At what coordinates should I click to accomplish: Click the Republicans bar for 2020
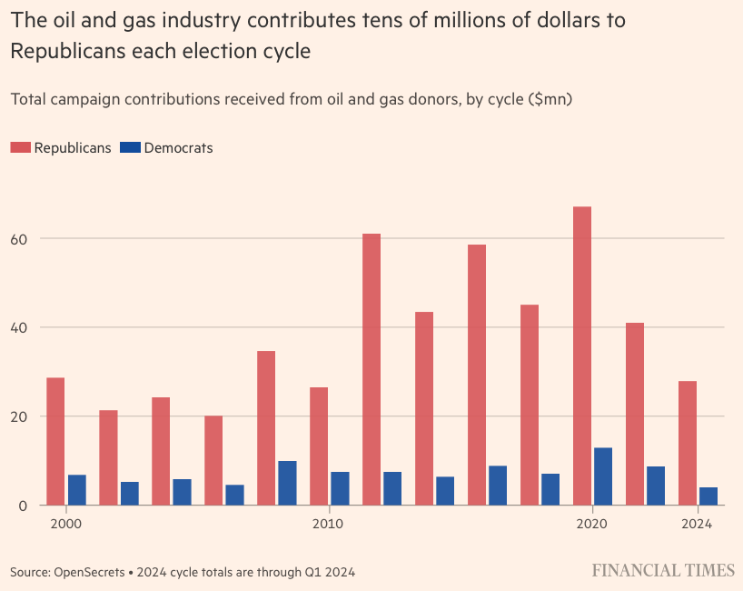coord(582,356)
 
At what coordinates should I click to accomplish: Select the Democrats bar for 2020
coord(603,476)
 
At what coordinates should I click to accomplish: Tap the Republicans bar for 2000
coord(55,441)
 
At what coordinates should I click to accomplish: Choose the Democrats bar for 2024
coord(708,496)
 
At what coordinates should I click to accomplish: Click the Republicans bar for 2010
coord(319,446)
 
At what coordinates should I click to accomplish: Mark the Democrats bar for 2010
coord(340,488)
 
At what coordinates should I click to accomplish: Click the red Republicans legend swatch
coord(21,147)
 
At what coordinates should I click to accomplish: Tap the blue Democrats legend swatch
coord(130,147)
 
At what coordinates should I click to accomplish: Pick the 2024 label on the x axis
coord(698,524)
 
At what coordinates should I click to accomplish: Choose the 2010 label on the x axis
coord(327,524)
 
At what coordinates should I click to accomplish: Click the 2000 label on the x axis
coord(65,524)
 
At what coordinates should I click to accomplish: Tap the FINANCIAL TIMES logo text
coord(663,571)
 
